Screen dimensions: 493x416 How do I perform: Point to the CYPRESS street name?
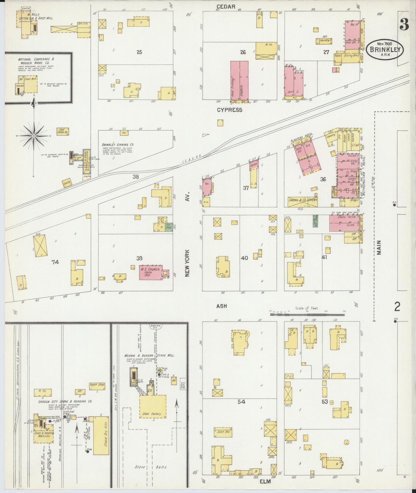point(229,110)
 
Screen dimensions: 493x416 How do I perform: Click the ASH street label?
point(221,306)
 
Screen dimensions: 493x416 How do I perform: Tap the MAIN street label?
point(379,247)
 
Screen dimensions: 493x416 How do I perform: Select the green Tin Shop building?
point(168,227)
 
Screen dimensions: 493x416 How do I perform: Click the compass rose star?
point(34,135)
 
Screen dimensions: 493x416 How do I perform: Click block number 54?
point(241,402)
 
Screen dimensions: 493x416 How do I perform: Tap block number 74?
point(55,262)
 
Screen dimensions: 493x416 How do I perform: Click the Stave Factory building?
point(153,407)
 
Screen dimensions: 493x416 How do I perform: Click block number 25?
point(139,52)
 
